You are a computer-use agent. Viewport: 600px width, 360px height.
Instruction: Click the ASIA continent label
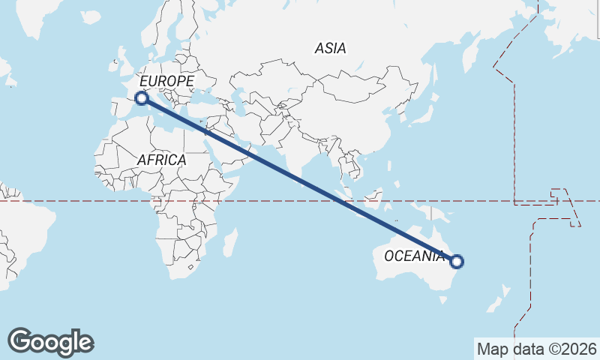click(330, 49)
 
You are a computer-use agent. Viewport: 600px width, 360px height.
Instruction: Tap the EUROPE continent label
click(166, 81)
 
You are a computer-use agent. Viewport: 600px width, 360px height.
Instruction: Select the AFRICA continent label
click(161, 160)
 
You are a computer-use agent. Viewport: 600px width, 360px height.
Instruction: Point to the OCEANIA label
click(414, 256)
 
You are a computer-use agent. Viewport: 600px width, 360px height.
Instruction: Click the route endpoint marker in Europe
click(141, 97)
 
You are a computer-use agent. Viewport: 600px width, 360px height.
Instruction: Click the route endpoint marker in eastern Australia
click(457, 262)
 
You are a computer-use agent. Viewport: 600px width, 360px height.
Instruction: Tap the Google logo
click(50, 342)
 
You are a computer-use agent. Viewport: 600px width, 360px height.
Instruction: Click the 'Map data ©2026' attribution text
click(537, 349)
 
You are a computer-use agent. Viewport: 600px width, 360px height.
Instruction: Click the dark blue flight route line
click(299, 180)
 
